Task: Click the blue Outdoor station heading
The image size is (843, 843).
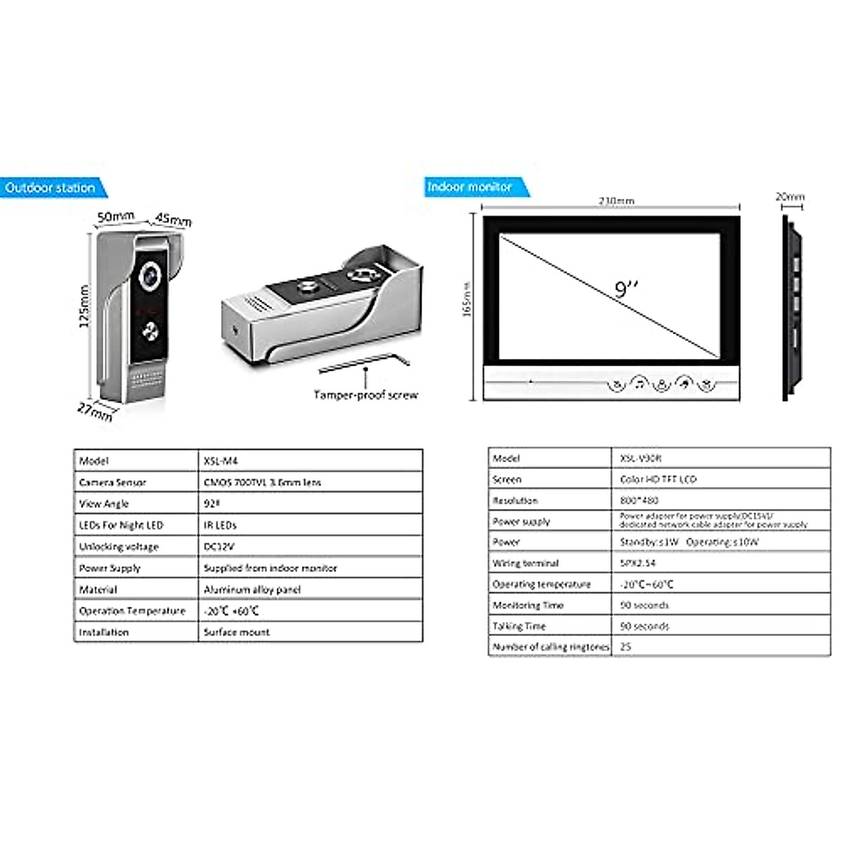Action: pos(51,188)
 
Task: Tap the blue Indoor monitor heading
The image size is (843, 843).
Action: pos(469,187)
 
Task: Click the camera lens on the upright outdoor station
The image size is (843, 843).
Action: pos(150,276)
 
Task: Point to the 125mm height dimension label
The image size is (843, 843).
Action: pos(84,306)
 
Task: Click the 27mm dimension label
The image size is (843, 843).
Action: pos(94,411)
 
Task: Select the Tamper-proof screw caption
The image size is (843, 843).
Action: pos(365,395)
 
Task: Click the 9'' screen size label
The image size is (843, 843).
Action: pos(627,289)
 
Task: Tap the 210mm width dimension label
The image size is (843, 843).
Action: pos(616,201)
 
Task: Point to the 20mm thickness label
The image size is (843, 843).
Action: pos(790,197)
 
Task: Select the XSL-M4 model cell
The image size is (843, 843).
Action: pos(221,461)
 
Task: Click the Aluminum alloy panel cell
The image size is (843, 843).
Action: pos(252,589)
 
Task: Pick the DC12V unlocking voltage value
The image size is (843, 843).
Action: pos(219,547)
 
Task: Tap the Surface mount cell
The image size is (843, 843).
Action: pos(237,632)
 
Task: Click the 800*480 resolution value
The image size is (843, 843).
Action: pos(639,500)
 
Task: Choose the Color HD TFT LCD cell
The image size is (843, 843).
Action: pos(658,479)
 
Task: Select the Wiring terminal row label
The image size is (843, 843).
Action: pos(525,563)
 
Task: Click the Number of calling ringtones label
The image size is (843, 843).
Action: pos(551,646)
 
